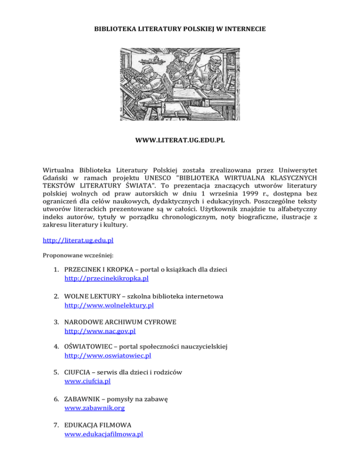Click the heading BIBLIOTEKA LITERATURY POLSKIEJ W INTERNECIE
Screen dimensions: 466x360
180,29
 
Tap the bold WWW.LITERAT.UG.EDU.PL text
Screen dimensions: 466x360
180,140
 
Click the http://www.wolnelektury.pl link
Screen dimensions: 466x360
109,305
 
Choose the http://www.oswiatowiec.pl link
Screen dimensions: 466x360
107,356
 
